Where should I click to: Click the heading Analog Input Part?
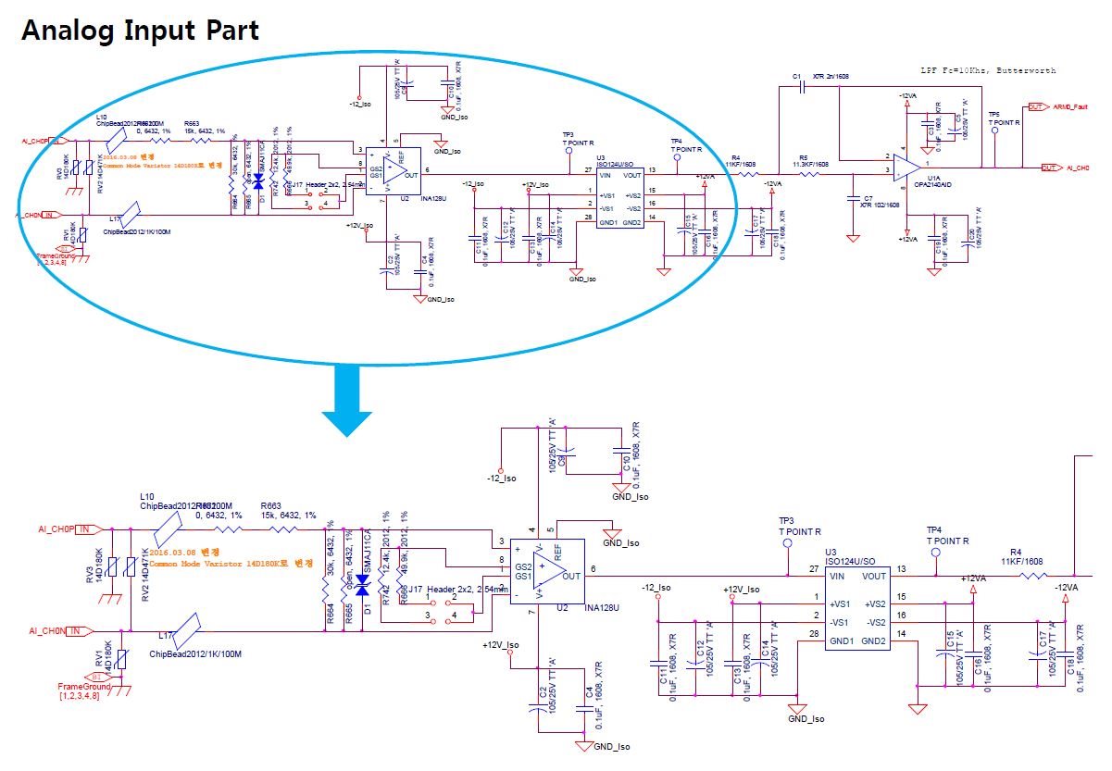tap(140, 30)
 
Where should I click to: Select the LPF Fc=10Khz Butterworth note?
tap(987, 70)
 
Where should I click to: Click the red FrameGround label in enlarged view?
tap(83, 687)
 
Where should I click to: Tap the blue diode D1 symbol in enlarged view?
tap(362, 585)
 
